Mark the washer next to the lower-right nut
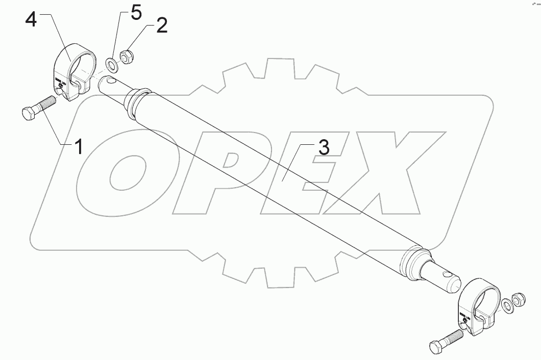click(507, 306)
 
